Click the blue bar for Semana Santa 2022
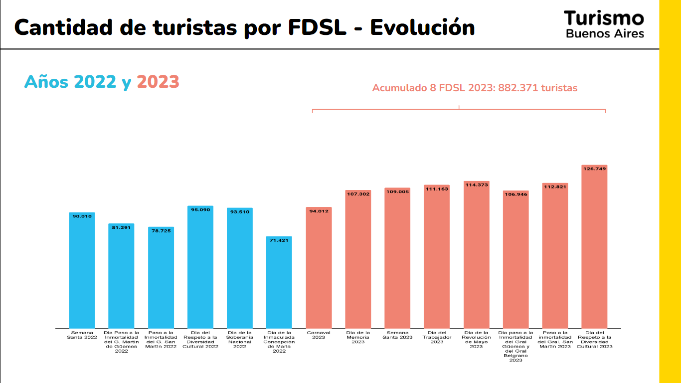pyautogui.click(x=82, y=272)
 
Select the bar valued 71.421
pyautogui.click(x=279, y=284)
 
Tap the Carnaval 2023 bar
pyautogui.click(x=319, y=269)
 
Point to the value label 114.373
pyautogui.click(x=476, y=185)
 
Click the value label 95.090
pyautogui.click(x=200, y=210)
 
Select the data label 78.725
pyautogui.click(x=161, y=231)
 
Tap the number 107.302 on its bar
pyautogui.click(x=358, y=194)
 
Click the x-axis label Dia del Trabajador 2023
pyautogui.click(x=437, y=337)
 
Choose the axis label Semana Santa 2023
pyautogui.click(x=397, y=335)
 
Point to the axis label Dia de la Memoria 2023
pyautogui.click(x=358, y=337)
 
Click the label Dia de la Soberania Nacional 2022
pyautogui.click(x=240, y=339)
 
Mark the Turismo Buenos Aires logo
pyautogui.click(x=604, y=24)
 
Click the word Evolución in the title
pyautogui.click(x=422, y=27)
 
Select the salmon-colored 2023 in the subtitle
pyautogui.click(x=158, y=81)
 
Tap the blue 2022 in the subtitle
pyautogui.click(x=95, y=81)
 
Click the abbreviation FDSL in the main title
pyautogui.click(x=317, y=27)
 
